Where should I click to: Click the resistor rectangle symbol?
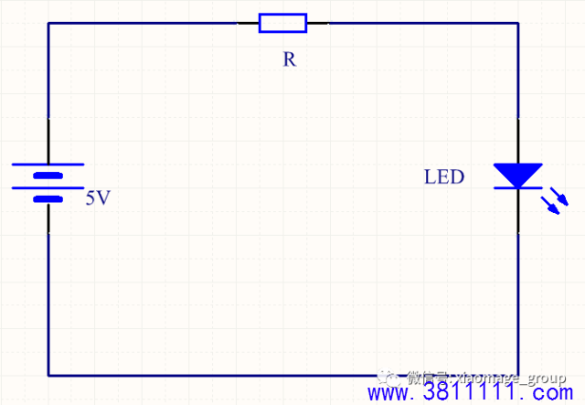coord(282,23)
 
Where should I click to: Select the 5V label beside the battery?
coord(97,197)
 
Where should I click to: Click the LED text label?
coord(444,176)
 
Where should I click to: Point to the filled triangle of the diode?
coord(517,174)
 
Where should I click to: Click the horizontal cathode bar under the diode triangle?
coord(517,188)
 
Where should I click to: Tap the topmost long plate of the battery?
coord(48,165)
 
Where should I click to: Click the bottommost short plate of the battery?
coord(48,198)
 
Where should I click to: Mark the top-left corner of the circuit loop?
coord(48,23)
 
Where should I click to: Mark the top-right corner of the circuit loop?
coord(518,23)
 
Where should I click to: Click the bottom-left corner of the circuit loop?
coord(48,375)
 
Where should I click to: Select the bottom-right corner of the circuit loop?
coord(518,375)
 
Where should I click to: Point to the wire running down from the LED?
coord(518,283)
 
